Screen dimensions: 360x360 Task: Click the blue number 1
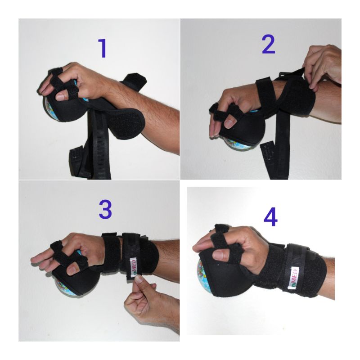coord(103,49)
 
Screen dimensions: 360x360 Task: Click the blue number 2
coord(268,44)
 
